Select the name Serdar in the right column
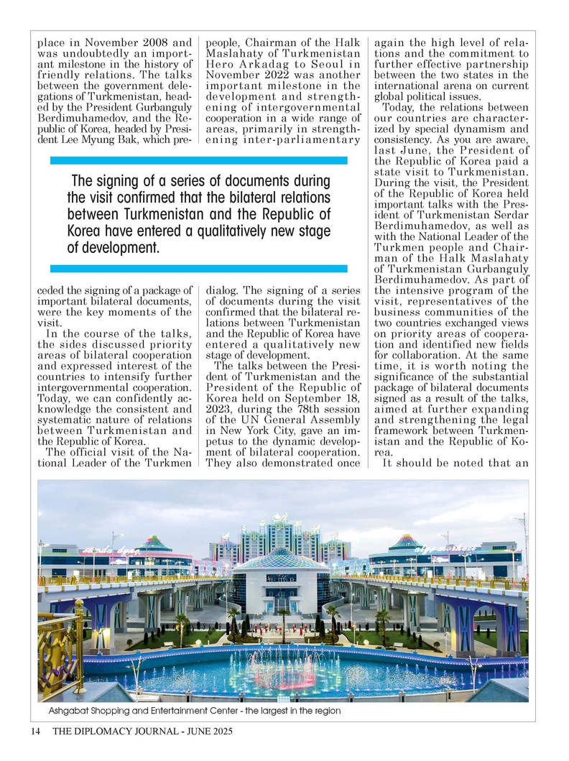click(507, 214)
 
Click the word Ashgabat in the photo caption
click(70, 711)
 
